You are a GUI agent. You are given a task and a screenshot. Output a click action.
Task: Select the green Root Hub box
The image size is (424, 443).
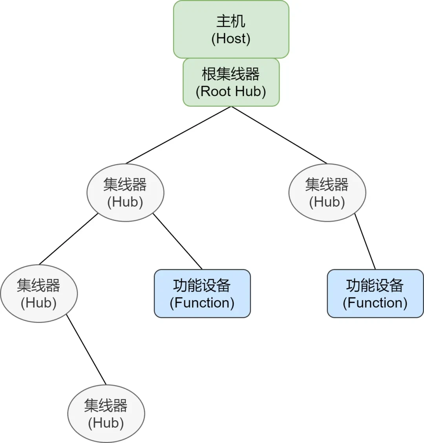(231, 82)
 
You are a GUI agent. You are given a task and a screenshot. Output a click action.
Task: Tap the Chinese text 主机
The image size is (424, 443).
(231, 22)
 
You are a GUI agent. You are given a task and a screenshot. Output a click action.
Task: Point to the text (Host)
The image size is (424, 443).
(231, 39)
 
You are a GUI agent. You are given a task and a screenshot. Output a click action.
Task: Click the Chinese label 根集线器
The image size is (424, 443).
(231, 74)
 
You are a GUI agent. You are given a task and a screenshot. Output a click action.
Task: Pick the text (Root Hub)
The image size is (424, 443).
(231, 91)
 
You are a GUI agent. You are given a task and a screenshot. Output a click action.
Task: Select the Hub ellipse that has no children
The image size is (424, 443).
(106, 414)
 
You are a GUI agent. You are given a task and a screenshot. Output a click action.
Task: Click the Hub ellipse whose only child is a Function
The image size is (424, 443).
(327, 193)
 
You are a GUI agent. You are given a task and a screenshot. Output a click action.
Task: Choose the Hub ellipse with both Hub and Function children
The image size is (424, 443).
(125, 193)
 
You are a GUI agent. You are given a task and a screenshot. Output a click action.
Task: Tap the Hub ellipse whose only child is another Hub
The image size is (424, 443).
(39, 294)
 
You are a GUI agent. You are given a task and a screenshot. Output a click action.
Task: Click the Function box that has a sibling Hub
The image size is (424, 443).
(202, 294)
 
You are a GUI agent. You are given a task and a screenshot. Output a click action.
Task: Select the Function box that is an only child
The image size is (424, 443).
(375, 294)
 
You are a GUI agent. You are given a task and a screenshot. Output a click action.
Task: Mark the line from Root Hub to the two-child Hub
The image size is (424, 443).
(179, 135)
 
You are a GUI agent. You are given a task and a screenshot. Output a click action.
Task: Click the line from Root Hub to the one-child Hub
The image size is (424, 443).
(280, 135)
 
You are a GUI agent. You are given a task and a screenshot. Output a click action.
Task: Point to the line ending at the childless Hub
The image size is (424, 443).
(86, 350)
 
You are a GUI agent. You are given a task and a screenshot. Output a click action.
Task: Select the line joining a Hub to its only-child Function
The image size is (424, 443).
(365, 242)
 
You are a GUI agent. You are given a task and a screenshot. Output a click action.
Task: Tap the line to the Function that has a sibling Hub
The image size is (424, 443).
(177, 241)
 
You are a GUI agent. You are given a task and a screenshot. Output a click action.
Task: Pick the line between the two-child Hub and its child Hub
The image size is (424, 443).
(69, 239)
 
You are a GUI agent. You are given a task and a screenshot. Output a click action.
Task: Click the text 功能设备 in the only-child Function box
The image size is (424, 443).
(375, 285)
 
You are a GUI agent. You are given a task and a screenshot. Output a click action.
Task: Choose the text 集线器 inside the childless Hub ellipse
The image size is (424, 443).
(106, 405)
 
